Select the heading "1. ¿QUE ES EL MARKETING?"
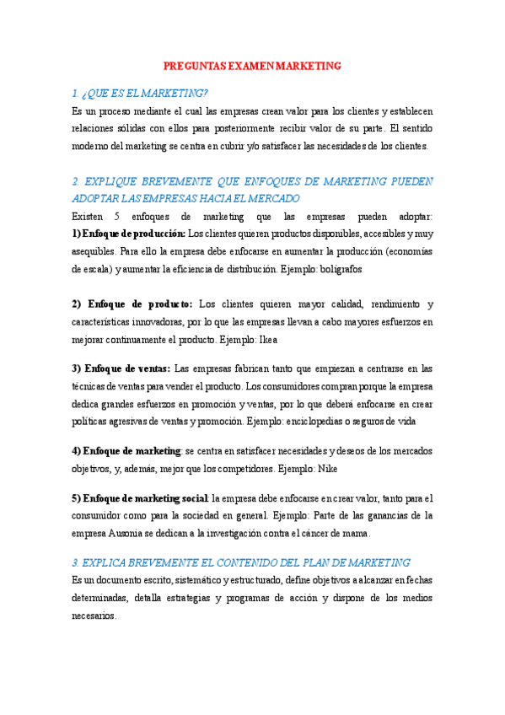pyautogui.click(x=140, y=93)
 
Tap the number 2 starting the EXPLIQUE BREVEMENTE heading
pyautogui.click(x=75, y=181)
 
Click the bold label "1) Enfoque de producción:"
pyautogui.click(x=128, y=234)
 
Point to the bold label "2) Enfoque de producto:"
pyautogui.click(x=132, y=304)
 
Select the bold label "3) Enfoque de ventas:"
pyautogui.click(x=121, y=368)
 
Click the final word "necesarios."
pyautogui.click(x=94, y=616)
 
